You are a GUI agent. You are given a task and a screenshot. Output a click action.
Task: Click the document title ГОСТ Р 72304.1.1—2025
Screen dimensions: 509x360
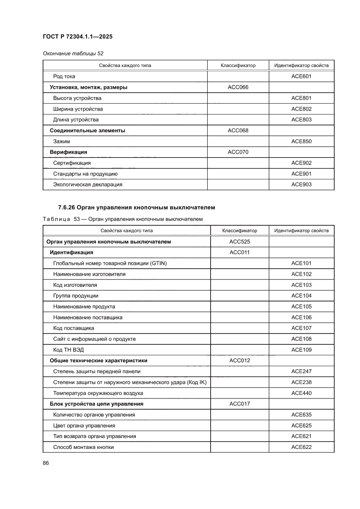click(x=77, y=37)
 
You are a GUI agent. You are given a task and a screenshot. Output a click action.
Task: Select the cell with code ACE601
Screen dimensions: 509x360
click(x=301, y=76)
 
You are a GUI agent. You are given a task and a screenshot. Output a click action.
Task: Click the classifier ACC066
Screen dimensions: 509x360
click(x=238, y=87)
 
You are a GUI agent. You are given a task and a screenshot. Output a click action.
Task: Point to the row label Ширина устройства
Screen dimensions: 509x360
click(x=78, y=109)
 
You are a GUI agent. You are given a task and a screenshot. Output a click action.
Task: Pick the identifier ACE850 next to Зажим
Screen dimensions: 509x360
click(x=301, y=142)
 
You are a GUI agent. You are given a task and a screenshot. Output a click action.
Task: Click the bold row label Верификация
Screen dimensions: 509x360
click(x=68, y=152)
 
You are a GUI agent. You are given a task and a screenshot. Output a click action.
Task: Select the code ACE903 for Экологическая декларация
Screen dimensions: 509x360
click(x=301, y=185)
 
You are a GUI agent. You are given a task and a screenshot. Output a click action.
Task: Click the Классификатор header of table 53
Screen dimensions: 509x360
click(x=239, y=231)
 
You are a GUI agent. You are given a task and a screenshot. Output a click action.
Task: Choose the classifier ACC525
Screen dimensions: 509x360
click(x=239, y=242)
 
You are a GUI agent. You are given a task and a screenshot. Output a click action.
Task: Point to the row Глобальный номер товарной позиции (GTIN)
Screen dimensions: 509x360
click(x=110, y=263)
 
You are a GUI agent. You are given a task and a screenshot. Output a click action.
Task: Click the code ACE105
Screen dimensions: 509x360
click(x=301, y=307)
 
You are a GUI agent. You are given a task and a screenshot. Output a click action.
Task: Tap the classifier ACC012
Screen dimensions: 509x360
click(x=239, y=361)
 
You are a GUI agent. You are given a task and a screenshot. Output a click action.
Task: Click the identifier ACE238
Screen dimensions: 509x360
click(x=301, y=382)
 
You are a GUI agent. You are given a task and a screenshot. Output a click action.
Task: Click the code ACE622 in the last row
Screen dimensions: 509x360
click(x=301, y=447)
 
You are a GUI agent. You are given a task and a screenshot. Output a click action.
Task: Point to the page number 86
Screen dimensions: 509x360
click(x=46, y=463)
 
